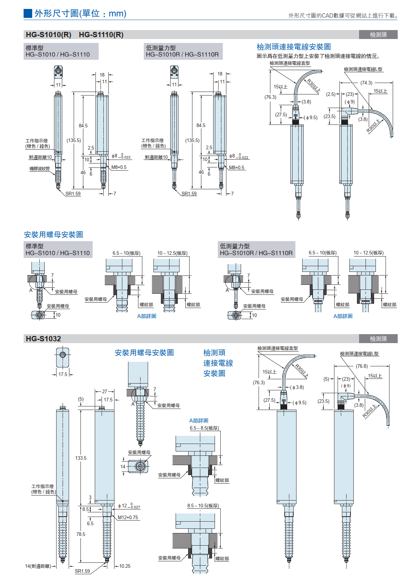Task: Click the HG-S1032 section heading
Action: (43, 338)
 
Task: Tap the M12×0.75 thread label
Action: (128, 517)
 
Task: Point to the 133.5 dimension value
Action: (81, 458)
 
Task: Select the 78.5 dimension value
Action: (81, 534)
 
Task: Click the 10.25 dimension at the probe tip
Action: (125, 566)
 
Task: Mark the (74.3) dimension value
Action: (366, 83)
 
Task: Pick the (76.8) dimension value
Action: (362, 366)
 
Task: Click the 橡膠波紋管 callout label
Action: (39, 169)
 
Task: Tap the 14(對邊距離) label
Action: (38, 566)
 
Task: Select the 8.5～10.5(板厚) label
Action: (203, 506)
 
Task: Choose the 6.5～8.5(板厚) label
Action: (204, 428)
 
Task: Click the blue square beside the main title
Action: (28, 14)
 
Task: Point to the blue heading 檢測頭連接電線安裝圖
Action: (294, 47)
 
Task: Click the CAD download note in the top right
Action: (343, 15)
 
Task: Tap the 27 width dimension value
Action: (104, 391)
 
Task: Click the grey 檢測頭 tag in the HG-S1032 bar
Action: (378, 338)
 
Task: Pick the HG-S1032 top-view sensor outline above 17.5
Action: (63, 357)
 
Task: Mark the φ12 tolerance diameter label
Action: (129, 506)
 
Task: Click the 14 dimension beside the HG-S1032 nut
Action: (123, 467)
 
